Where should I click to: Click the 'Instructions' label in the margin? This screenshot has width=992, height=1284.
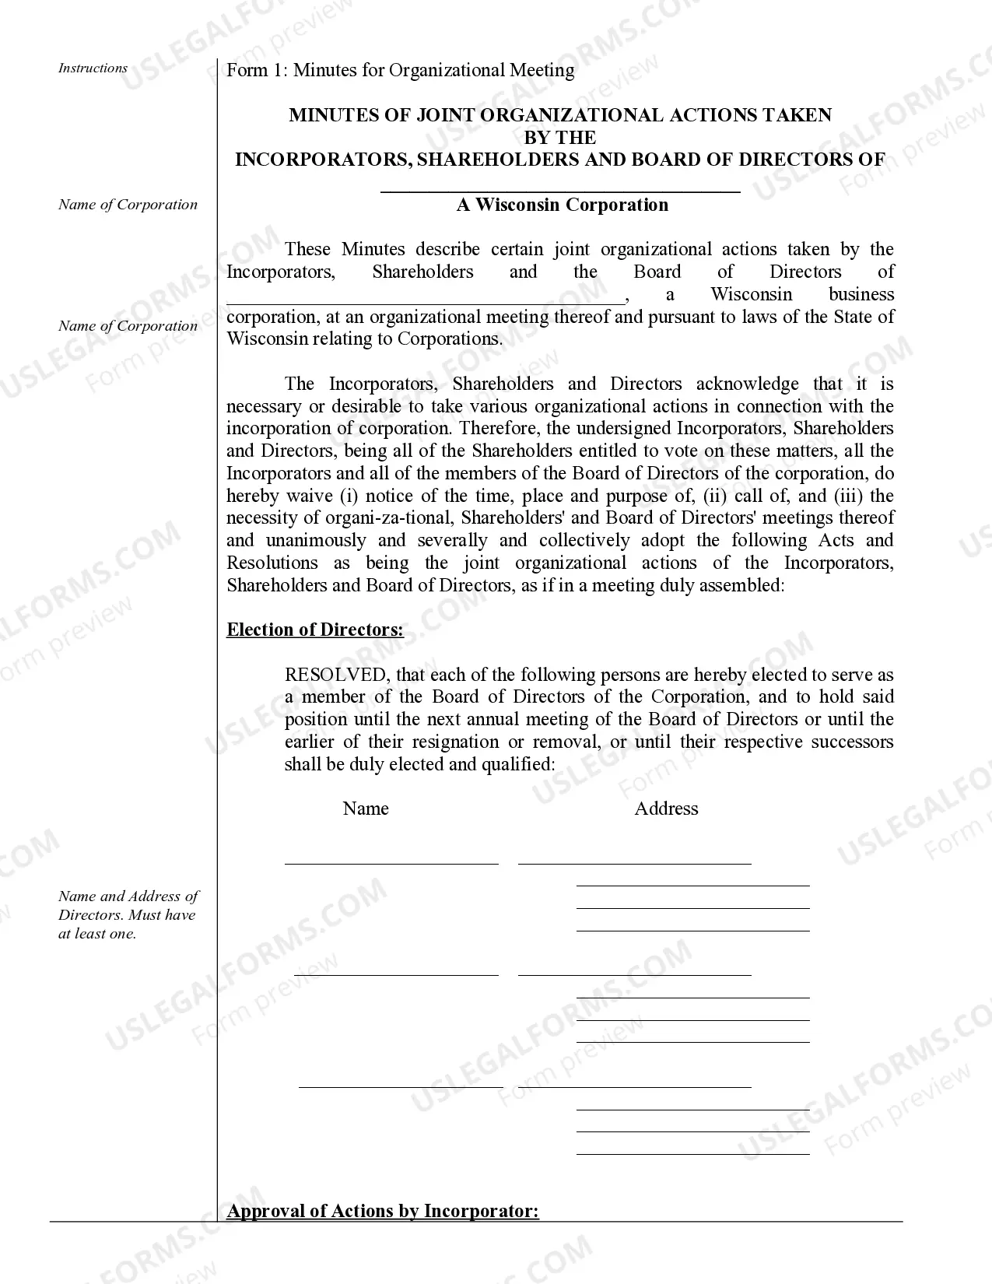coord(93,68)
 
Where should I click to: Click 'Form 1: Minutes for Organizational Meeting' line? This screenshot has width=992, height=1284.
coord(400,71)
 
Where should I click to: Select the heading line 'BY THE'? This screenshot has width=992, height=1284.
coord(560,138)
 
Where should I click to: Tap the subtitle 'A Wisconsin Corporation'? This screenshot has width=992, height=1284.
coord(562,205)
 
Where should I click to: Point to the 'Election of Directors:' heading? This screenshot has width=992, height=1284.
coord(315,630)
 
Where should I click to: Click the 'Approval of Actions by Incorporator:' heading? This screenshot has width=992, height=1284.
coord(383,1212)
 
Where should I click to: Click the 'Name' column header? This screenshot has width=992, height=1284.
coord(366,809)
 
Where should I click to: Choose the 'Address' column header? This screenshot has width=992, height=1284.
coord(666,809)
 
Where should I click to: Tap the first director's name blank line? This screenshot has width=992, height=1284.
coord(391,862)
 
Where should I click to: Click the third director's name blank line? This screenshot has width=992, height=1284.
coord(401,1086)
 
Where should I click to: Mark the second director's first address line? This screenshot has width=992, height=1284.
coord(634,974)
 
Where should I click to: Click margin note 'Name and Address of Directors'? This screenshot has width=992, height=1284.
coord(128,915)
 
